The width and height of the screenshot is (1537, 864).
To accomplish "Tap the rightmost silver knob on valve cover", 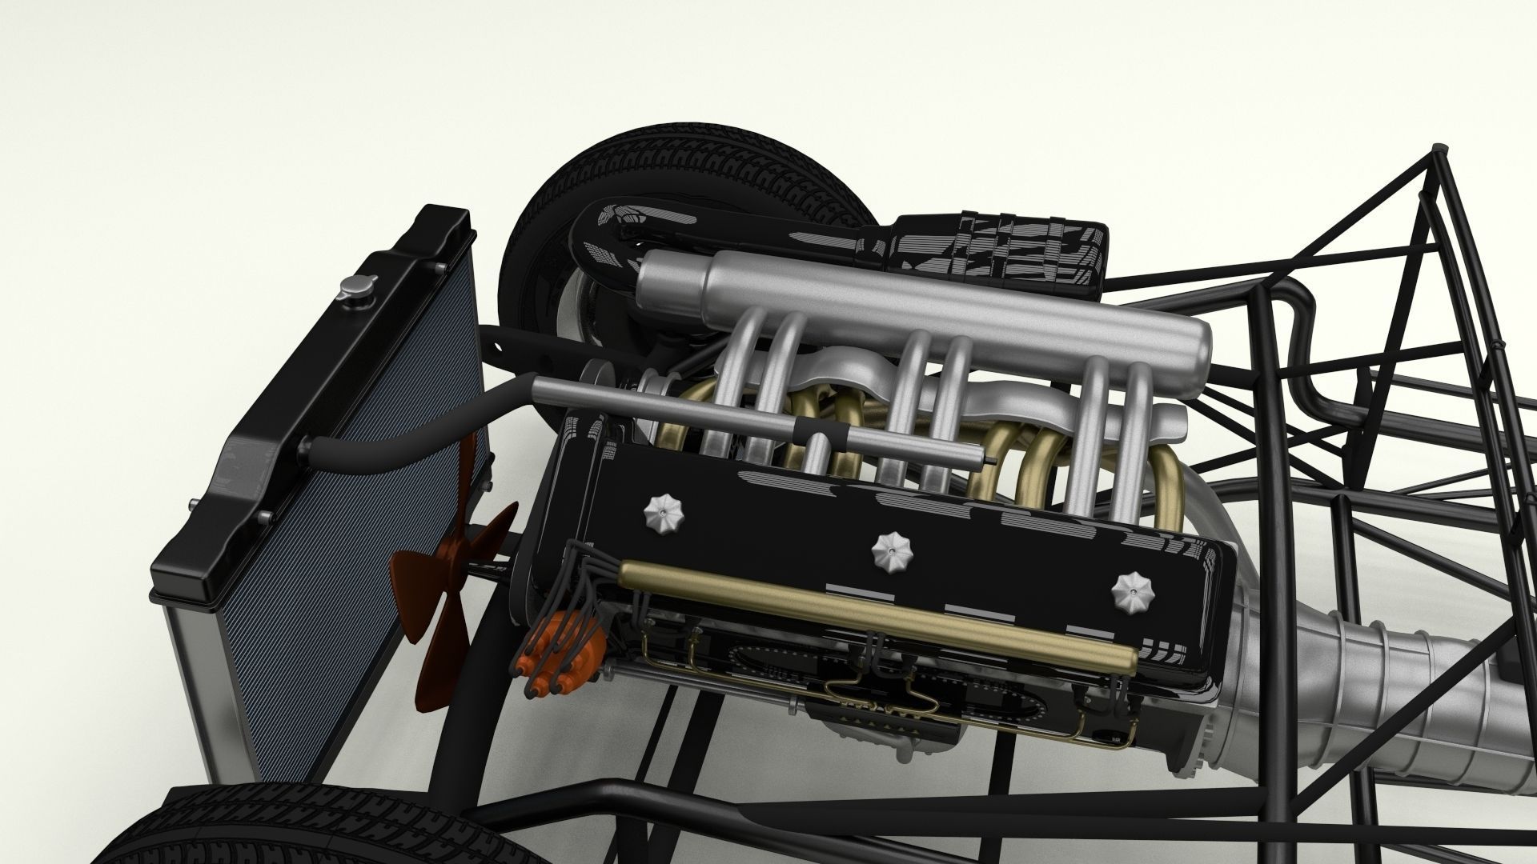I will [1127, 589].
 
